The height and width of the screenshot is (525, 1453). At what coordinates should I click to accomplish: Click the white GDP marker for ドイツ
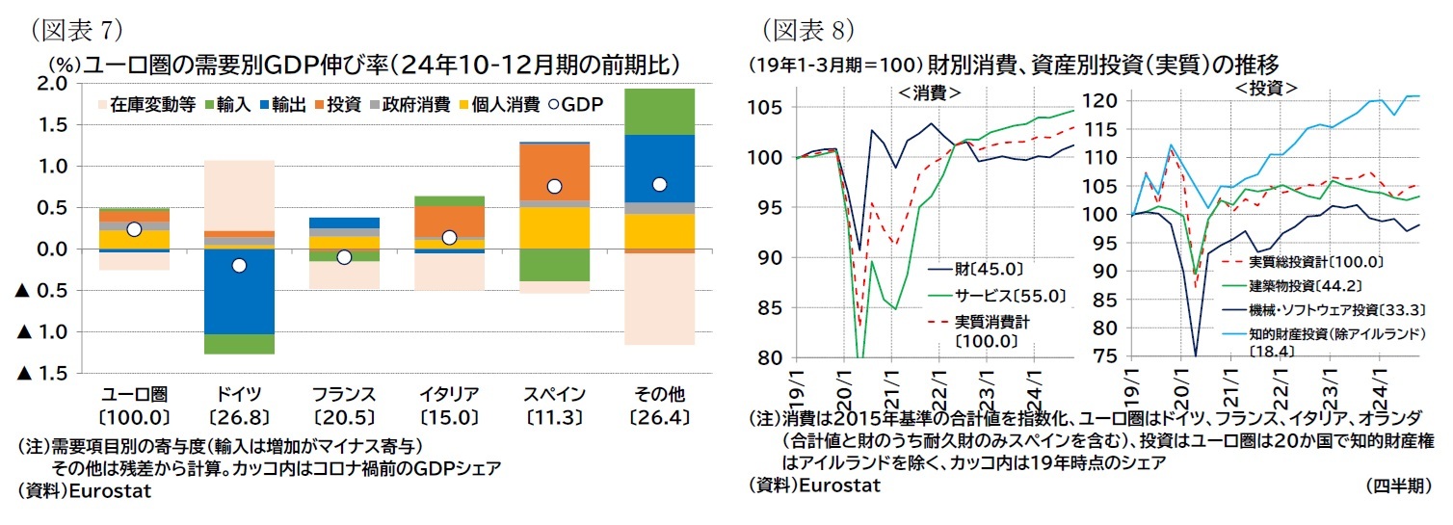pos(239,266)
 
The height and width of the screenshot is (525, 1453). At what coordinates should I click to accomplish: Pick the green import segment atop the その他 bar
pos(659,111)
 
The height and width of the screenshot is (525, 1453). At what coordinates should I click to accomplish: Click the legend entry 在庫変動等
pos(141,104)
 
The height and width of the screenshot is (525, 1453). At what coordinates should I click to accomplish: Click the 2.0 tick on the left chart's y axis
pos(54,84)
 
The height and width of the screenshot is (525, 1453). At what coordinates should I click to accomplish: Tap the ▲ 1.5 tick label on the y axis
pos(40,374)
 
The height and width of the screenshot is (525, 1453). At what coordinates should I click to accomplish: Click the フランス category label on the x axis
pos(344,396)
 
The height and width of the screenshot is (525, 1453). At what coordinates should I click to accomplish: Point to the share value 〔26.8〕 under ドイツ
pos(239,418)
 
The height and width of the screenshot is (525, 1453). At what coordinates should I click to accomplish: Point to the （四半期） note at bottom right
pos(1397,486)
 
